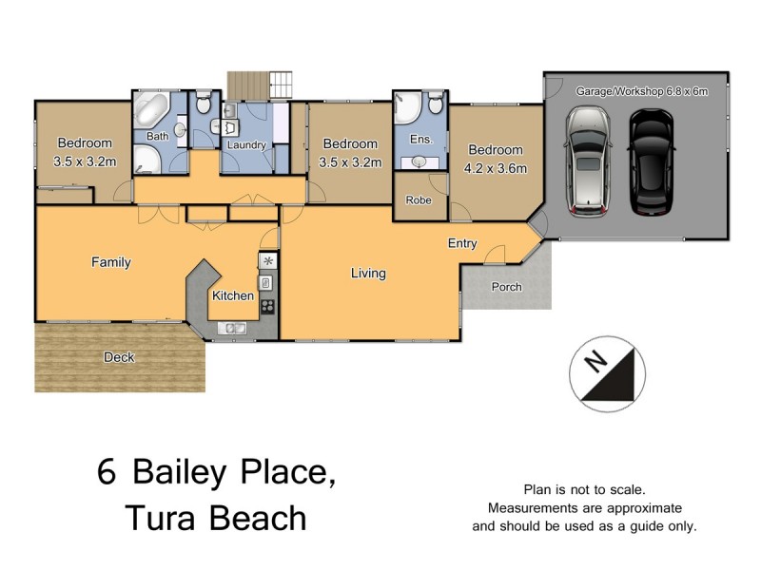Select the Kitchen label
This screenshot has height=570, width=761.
pos(233,295)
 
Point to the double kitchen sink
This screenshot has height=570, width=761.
pos(231,329)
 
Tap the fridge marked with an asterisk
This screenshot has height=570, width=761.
pos(267,260)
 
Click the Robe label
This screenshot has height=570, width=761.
pos(419,200)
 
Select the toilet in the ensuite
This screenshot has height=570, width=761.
pos(434,102)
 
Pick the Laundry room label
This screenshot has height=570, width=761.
pos(245,145)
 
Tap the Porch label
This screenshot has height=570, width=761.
pos(506,287)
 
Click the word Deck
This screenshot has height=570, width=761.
pos(120,357)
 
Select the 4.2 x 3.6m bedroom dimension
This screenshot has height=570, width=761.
pos(496,168)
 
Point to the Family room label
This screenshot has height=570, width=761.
pos(110,262)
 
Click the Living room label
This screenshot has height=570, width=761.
pos(368,274)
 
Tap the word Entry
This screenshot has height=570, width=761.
pos(462,244)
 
